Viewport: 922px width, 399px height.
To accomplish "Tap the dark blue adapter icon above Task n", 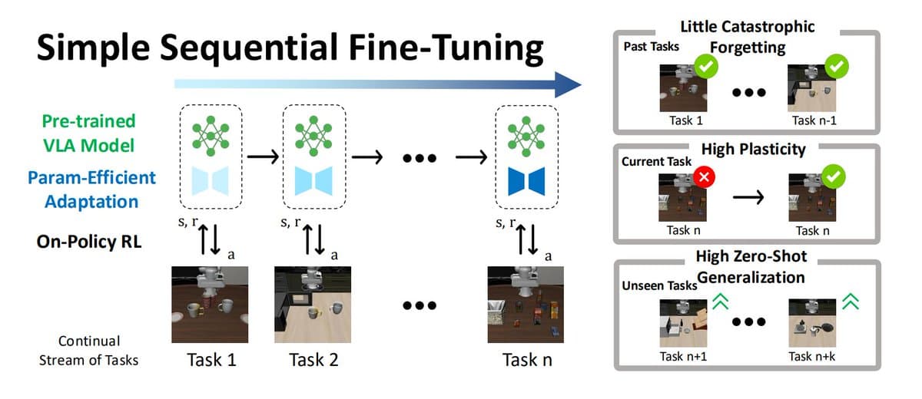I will [x=526, y=180].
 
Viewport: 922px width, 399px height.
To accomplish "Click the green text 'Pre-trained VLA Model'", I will [x=88, y=133].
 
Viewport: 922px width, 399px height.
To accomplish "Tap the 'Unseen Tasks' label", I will [x=658, y=285].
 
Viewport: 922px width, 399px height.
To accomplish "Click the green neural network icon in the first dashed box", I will [x=209, y=132].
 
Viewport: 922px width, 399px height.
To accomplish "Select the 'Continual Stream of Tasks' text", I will [x=90, y=350].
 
